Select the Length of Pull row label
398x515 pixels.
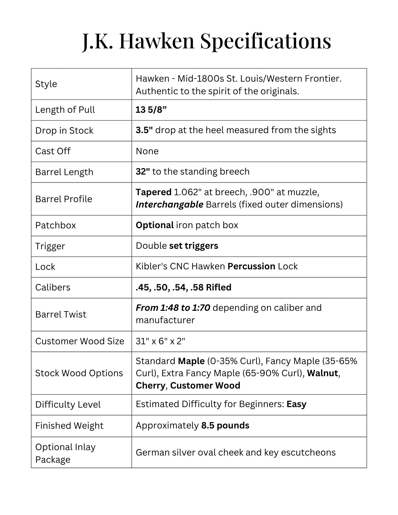point(65,110)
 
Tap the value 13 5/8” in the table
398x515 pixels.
point(151,110)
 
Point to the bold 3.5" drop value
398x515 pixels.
point(144,130)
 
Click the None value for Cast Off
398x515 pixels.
point(147,151)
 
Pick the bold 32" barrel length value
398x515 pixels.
point(143,172)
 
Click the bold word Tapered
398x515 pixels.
point(154,192)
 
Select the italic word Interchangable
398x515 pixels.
point(170,205)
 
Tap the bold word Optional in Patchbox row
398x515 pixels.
point(155,225)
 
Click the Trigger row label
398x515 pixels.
point(50,246)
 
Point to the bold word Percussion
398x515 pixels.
point(251,267)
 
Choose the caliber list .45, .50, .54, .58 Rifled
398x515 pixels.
point(183,287)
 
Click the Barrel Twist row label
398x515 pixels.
point(61,314)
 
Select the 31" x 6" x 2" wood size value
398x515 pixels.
point(160,341)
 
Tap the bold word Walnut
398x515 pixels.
point(323,373)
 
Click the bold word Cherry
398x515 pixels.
point(150,386)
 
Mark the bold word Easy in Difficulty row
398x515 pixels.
point(297,404)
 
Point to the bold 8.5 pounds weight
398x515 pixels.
point(225,426)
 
